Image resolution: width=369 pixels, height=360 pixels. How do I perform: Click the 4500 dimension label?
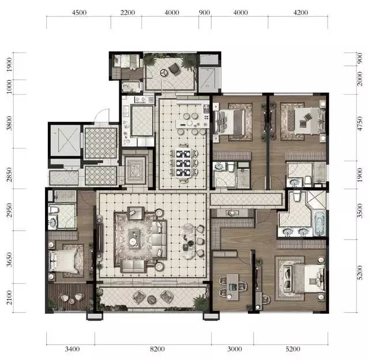79,12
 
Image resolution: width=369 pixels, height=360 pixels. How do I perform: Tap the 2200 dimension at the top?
127,12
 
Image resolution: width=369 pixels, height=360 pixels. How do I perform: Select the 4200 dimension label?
300,12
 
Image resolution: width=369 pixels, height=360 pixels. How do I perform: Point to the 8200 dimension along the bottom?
157,348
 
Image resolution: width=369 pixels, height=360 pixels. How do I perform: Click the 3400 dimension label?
72,348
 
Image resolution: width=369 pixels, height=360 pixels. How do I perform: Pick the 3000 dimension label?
235,348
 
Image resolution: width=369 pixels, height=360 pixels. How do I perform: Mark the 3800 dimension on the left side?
9,123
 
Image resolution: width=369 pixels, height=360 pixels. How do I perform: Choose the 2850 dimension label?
9,174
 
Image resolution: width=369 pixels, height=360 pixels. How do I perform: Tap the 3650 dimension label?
9,260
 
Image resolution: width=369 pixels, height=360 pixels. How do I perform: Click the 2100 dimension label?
9,297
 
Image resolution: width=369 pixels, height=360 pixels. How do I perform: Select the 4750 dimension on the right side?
360,123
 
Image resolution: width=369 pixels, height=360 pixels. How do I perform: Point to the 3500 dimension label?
360,211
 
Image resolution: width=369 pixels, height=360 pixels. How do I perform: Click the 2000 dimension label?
360,79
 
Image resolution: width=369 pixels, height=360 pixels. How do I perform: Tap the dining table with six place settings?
183,163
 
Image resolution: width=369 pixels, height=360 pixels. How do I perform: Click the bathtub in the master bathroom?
319,223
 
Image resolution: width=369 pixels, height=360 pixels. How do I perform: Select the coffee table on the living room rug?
134,239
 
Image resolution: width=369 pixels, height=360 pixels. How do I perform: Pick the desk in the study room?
232,287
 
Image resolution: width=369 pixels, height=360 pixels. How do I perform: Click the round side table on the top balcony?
163,73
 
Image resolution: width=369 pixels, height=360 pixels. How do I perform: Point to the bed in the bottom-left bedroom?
63,261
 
